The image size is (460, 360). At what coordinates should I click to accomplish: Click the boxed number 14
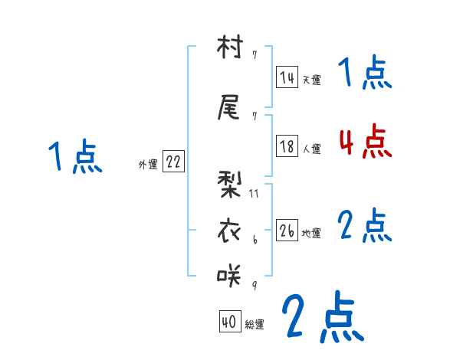pyautogui.click(x=287, y=77)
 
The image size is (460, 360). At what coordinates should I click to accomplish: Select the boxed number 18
pyautogui.click(x=287, y=147)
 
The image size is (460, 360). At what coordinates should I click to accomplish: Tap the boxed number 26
pyautogui.click(x=287, y=231)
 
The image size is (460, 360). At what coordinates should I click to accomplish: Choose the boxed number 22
pyautogui.click(x=173, y=162)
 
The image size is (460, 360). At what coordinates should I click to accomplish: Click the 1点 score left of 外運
pyautogui.click(x=75, y=158)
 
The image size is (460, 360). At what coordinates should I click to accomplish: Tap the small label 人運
pyautogui.click(x=311, y=149)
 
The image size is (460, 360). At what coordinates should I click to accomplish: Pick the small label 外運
pyautogui.click(x=148, y=164)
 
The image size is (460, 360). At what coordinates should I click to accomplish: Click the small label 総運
pyautogui.click(x=255, y=325)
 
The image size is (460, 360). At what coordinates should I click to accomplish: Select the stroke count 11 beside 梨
pyautogui.click(x=254, y=194)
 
